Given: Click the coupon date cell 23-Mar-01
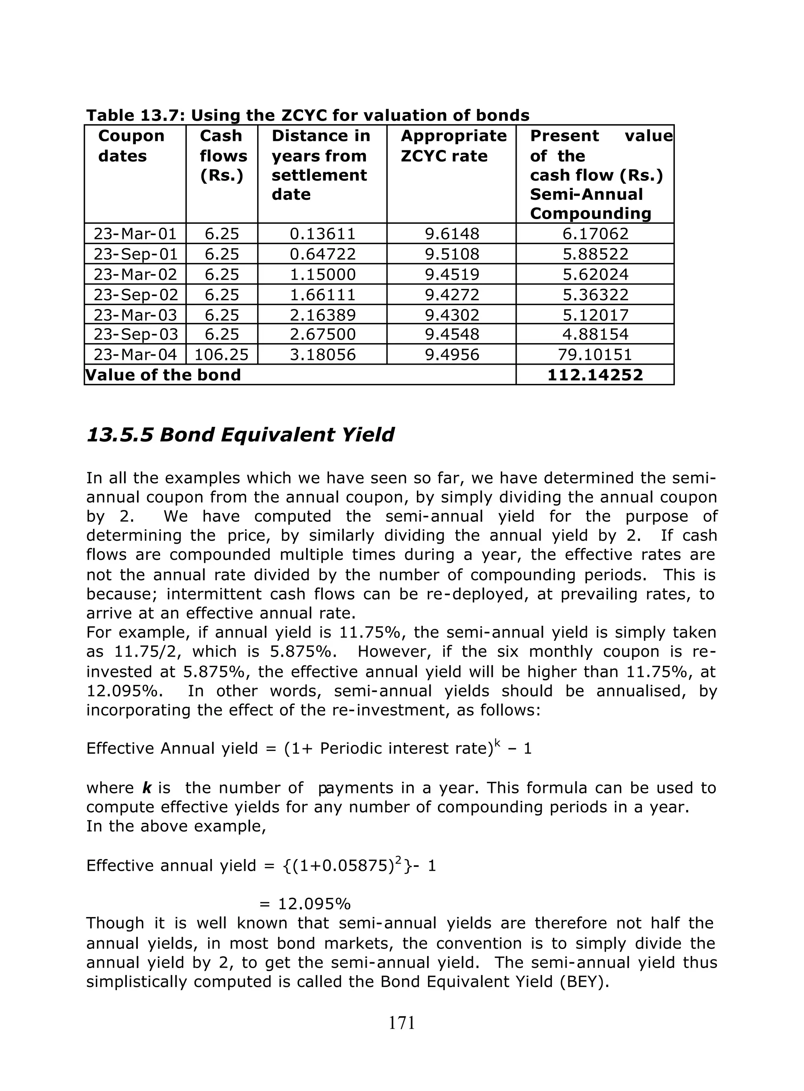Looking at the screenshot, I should (x=135, y=234).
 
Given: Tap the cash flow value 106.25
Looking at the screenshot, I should (x=221, y=354).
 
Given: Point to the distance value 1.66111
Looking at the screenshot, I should (x=322, y=294).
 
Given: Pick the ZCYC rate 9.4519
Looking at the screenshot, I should (x=451, y=274).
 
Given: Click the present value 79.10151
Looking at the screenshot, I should (x=595, y=354).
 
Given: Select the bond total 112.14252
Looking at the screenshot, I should (x=595, y=375).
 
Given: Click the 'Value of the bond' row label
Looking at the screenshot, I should (x=163, y=375).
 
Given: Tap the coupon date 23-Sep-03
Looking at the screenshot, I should (x=135, y=334).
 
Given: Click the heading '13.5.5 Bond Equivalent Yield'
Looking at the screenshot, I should (x=240, y=435).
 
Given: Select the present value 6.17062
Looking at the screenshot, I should (x=595, y=234).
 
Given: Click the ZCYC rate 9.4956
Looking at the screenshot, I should (x=451, y=354).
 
